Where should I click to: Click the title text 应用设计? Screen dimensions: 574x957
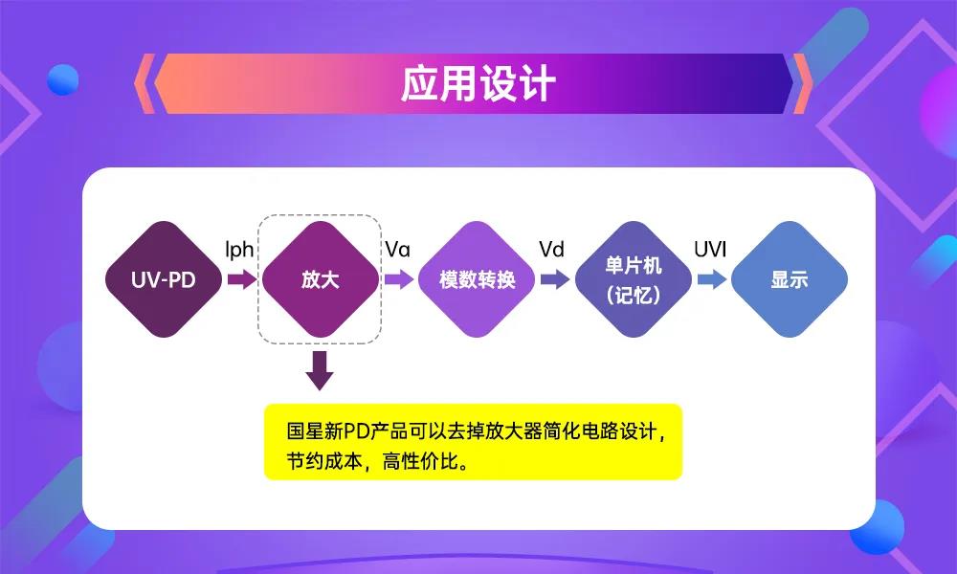pos(478,84)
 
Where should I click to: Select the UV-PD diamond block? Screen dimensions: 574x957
pos(163,279)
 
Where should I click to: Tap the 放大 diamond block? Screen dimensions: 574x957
pos(320,279)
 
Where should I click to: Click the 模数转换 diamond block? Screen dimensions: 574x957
pos(477,279)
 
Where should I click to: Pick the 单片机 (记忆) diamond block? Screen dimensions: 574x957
pos(633,279)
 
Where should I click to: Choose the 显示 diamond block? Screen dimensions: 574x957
pos(790,279)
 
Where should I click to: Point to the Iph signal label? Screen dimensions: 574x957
pos(239,250)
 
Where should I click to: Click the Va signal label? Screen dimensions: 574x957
pos(397,250)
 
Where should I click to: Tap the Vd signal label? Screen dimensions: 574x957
pos(551,250)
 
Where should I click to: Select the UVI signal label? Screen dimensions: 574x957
pos(710,250)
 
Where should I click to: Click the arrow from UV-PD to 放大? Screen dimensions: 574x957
pos(241,279)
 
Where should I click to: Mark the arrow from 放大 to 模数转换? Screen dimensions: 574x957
pos(398,279)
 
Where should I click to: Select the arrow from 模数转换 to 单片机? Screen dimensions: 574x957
pos(554,279)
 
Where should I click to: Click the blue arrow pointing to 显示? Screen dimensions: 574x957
pos(711,279)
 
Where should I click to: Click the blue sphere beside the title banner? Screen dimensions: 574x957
pos(63,78)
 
